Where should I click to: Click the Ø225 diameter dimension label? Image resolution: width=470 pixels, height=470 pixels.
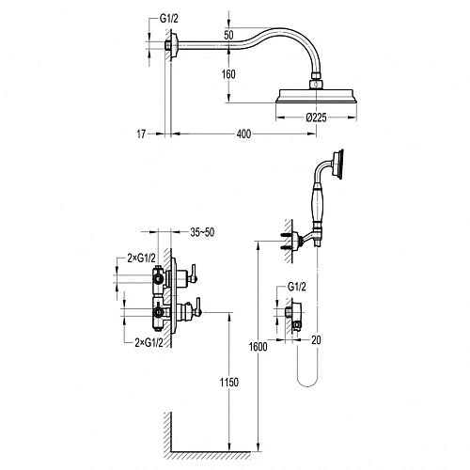(316, 117)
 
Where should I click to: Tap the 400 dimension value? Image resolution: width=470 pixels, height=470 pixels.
(243, 134)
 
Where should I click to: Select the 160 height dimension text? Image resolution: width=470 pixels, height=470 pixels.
(228, 74)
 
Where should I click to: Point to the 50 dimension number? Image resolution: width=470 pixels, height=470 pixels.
(228, 35)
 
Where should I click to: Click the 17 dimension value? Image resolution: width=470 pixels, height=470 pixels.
(141, 134)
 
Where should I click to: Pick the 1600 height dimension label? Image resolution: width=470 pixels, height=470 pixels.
(258, 347)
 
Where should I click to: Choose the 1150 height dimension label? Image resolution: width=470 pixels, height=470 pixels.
(229, 383)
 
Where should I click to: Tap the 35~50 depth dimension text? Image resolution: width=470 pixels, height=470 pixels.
(202, 232)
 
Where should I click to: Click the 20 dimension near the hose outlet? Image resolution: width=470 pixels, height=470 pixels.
(316, 340)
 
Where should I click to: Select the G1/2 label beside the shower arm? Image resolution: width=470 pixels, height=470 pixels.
(169, 19)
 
